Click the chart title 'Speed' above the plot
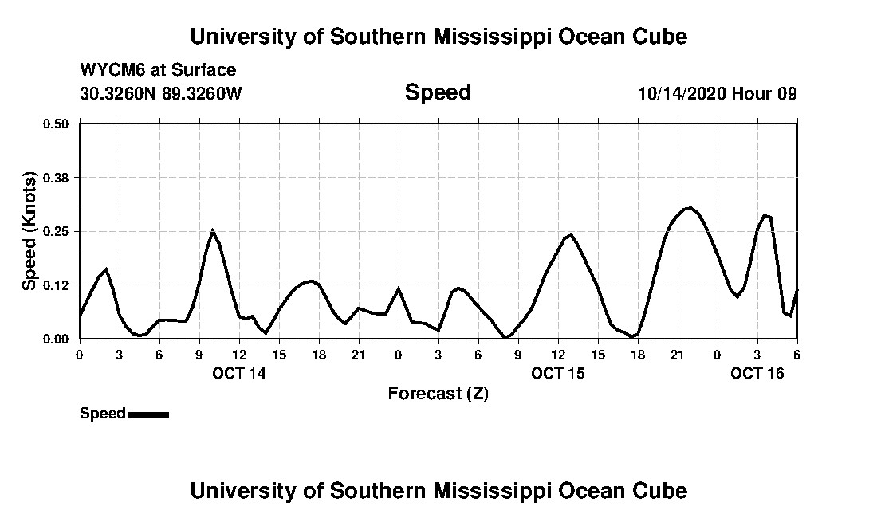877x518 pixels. coord(438,92)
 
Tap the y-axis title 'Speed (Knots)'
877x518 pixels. coord(29,231)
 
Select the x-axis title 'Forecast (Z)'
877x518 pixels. coord(438,393)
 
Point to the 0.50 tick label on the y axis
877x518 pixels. coord(56,124)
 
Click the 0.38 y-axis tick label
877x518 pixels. coord(56,178)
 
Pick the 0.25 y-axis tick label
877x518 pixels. coord(56,231)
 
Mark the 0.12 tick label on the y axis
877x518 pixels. coord(56,285)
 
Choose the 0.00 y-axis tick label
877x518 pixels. coord(56,339)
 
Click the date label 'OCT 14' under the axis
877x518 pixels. coord(239,373)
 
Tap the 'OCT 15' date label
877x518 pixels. coord(558,373)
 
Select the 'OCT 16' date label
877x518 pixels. coord(757,373)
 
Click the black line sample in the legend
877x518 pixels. coord(148,414)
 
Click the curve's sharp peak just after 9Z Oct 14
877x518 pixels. coord(212,230)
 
